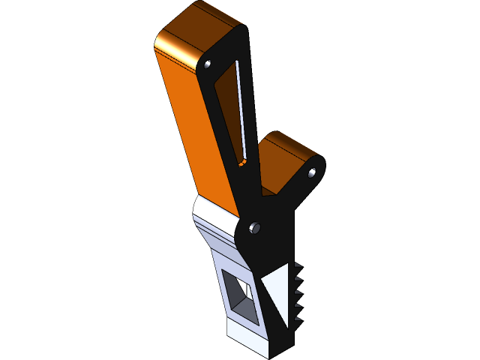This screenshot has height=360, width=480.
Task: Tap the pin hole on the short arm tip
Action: pyautogui.click(x=313, y=172)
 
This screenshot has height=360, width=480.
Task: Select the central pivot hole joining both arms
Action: pyautogui.click(x=254, y=226)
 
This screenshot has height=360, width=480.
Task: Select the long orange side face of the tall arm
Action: pyautogui.click(x=191, y=127)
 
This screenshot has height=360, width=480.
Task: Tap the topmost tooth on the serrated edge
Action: pyautogui.click(x=298, y=268)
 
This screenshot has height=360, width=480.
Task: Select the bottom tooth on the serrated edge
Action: pyautogui.click(x=298, y=319)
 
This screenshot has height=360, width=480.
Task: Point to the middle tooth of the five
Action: pyautogui.click(x=298, y=293)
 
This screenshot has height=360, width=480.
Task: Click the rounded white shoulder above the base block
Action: pyautogui.click(x=214, y=214)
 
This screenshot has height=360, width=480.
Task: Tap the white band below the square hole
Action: pyautogui.click(x=244, y=336)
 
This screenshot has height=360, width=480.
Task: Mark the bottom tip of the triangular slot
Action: pyautogui.click(x=242, y=160)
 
